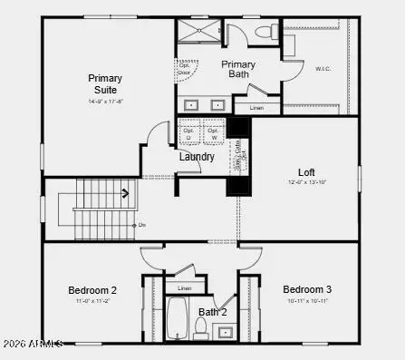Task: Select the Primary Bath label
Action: pos(238,70)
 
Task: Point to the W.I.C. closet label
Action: pos(323,67)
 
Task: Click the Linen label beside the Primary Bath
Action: pos(256,108)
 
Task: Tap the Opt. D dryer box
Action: pos(189,132)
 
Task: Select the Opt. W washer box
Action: pos(214,132)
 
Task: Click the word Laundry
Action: pos(197,157)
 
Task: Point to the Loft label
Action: pos(306,171)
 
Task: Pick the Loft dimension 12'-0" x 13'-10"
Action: pos(306,182)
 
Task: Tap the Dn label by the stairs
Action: pos(140,224)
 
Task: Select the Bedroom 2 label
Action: pos(92,290)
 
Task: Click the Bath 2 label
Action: pos(212,313)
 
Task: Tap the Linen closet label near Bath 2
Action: pos(184,287)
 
